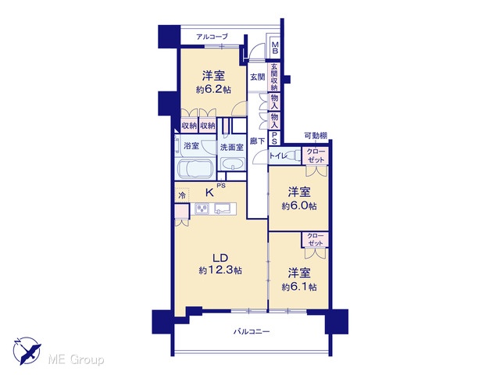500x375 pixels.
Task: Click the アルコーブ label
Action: coord(212,37)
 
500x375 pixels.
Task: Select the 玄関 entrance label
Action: coord(257,77)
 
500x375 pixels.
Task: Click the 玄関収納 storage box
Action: coord(274,77)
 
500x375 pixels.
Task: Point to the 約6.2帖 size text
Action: coord(213,90)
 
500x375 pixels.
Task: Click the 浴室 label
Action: coord(191,146)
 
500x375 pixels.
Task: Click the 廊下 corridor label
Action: coord(257,141)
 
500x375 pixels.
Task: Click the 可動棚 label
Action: coord(316,136)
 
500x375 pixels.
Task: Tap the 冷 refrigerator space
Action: coord(182,195)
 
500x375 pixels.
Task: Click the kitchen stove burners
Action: coord(202,209)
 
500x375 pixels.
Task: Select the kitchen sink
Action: coord(223,209)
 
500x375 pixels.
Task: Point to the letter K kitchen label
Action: coord(209,193)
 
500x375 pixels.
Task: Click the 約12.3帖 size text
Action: coord(220,270)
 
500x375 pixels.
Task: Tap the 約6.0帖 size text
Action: coord(299,206)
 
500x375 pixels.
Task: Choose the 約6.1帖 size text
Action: coord(299,287)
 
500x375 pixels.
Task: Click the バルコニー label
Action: coord(252,332)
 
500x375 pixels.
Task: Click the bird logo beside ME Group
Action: coord(28,351)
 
